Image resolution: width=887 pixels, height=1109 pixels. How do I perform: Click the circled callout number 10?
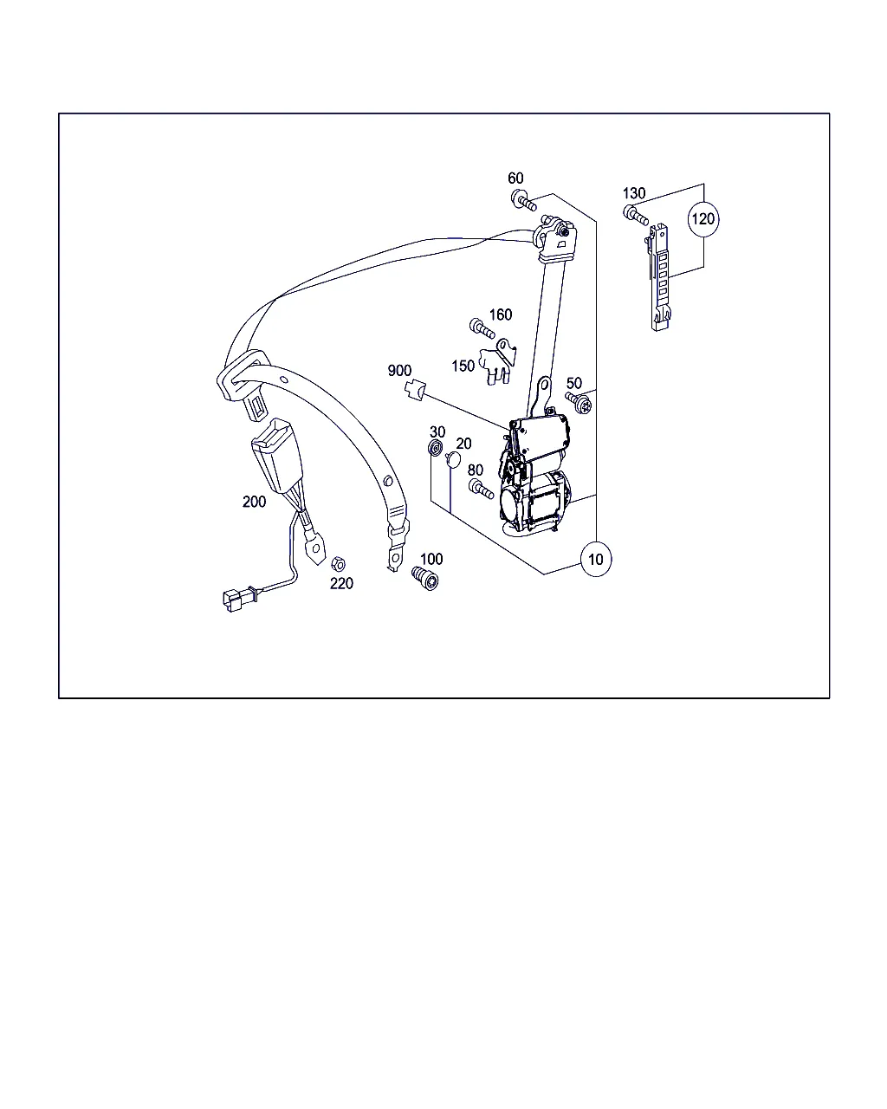pos(595,559)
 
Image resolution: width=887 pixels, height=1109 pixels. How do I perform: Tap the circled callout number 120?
pos(703,219)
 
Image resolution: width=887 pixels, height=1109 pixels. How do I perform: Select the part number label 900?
pos(399,371)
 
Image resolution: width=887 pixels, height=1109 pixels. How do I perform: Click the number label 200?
pos(254,502)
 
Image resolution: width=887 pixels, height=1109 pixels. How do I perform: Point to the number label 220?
pos(341,583)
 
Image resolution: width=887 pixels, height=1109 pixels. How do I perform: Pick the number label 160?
pos(501,315)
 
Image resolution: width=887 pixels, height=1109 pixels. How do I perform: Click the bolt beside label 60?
pos(524,200)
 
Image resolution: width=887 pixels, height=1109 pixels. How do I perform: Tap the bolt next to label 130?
pos(636,215)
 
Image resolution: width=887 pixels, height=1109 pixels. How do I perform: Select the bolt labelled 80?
pos(481,489)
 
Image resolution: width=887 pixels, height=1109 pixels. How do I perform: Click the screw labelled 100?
pos(425,578)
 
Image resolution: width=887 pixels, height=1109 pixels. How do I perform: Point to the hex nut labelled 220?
pos(338,564)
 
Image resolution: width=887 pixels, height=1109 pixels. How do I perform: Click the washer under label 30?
pos(436,447)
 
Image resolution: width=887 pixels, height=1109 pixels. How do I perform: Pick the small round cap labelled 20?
pos(452,459)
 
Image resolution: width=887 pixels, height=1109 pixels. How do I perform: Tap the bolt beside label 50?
pos(579,402)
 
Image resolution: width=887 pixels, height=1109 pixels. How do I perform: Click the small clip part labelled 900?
pos(414,389)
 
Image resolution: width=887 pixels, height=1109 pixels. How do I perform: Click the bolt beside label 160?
pos(482,328)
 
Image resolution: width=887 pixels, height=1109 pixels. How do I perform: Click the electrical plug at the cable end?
pos(235,600)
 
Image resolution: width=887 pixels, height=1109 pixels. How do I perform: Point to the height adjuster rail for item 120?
pos(660,277)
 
